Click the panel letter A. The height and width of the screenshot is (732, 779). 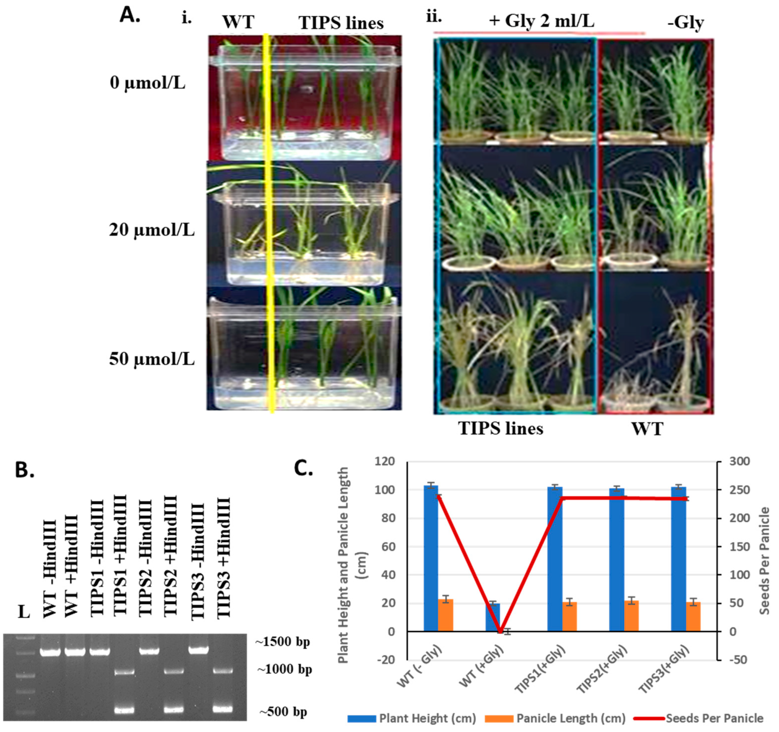pos(130,16)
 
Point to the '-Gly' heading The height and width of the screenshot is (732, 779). pos(686,22)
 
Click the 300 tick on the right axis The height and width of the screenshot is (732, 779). pos(739,461)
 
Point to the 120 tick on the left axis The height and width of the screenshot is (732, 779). pos(385,461)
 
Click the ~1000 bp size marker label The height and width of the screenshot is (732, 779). pos(284,669)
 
